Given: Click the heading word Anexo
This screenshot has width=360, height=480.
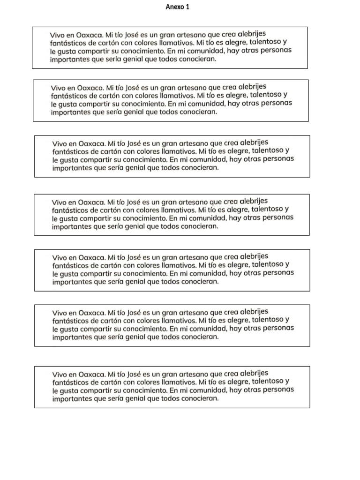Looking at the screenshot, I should (x=175, y=7).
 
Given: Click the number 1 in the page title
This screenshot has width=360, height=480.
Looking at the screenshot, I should (x=187, y=7).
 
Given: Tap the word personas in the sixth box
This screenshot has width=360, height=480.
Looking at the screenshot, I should (x=277, y=328).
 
